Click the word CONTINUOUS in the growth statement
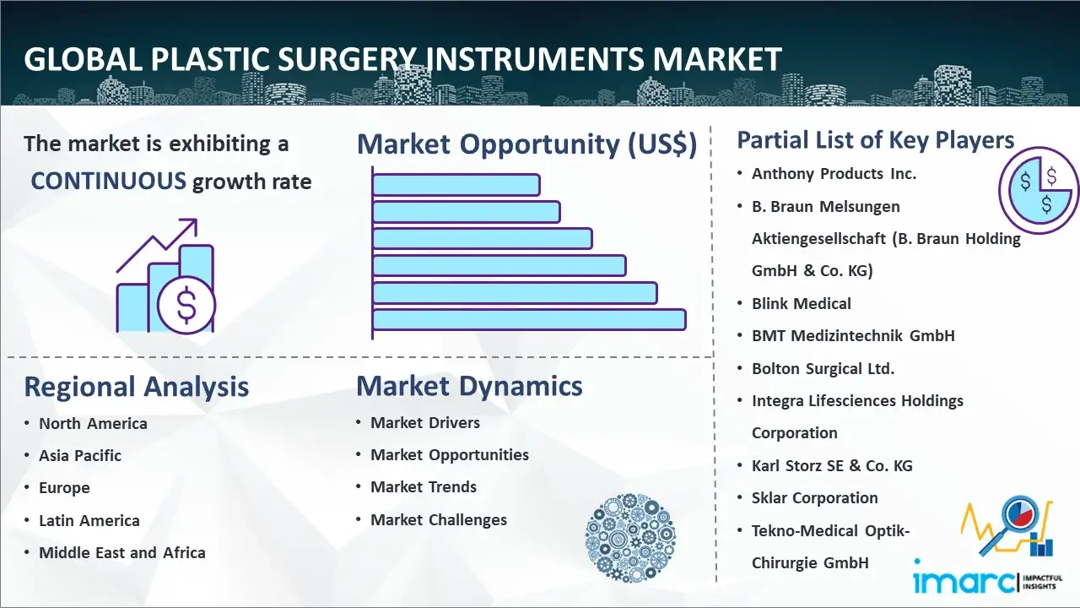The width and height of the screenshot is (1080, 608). (109, 182)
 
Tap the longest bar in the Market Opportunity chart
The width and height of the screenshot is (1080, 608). (529, 320)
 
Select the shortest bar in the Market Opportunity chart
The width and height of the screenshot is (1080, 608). (456, 185)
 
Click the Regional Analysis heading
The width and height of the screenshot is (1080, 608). (137, 387)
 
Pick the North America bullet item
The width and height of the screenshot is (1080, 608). (93, 424)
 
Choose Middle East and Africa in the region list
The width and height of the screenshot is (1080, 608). (122, 552)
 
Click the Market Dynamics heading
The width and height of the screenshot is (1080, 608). (469, 386)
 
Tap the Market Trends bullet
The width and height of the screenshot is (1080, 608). (424, 487)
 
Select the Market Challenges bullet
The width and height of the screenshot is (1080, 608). (439, 519)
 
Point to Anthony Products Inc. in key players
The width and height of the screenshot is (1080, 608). (834, 174)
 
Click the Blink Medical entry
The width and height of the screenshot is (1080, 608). (802, 303)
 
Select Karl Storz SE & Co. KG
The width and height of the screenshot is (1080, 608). (832, 465)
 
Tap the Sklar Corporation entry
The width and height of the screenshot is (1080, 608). (815, 498)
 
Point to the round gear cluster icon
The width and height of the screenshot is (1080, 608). (630, 537)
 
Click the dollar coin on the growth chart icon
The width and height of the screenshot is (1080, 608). (186, 305)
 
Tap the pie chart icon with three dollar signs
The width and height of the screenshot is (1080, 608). (1038, 190)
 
